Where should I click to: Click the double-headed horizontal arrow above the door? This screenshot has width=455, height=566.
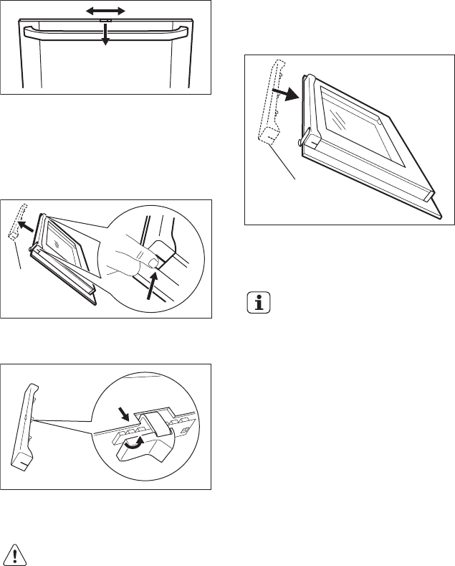(x=106, y=11)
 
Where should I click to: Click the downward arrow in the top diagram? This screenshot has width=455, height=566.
(x=105, y=36)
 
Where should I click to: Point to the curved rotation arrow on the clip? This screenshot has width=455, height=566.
(x=133, y=443)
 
